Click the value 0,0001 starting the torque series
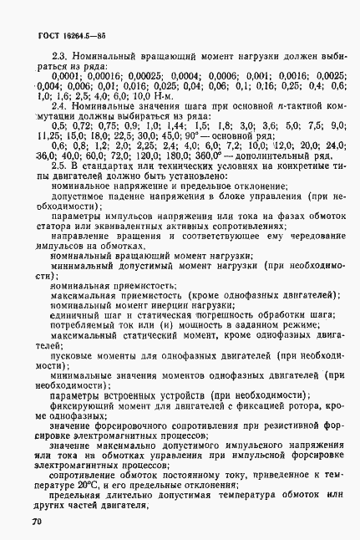coord(45,74)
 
